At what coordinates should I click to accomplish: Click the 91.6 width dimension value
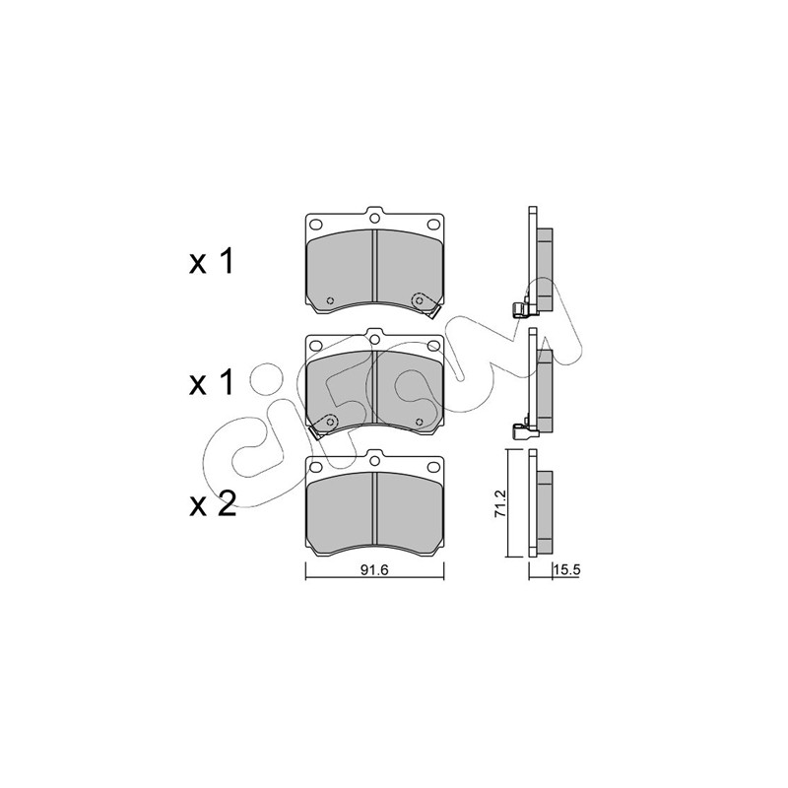(375, 569)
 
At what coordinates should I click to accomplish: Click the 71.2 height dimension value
(500, 503)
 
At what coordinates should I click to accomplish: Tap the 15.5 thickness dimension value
(567, 569)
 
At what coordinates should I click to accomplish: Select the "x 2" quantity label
(213, 504)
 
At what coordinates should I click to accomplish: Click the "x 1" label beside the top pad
(212, 262)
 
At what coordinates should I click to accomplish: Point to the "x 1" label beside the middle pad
(212, 383)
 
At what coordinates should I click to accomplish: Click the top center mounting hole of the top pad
(374, 218)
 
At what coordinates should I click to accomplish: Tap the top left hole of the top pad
(316, 225)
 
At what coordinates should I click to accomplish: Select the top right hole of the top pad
(432, 225)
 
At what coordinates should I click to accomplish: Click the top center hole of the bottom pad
(374, 460)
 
